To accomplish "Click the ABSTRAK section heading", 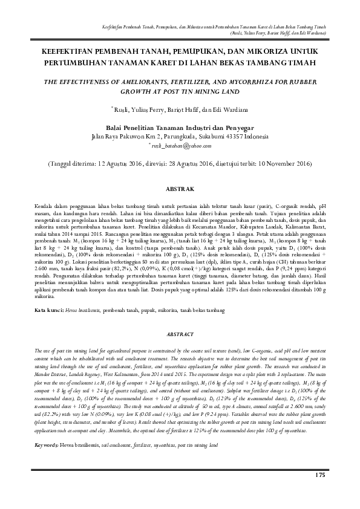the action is click(180, 189).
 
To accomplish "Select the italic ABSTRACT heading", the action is click(180, 334).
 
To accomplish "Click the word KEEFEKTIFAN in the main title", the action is click(76, 52).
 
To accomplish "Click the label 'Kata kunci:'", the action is click(49, 310).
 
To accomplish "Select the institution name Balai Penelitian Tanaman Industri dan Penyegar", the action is click(180, 128).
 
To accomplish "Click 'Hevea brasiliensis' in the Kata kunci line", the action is click(83, 310).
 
